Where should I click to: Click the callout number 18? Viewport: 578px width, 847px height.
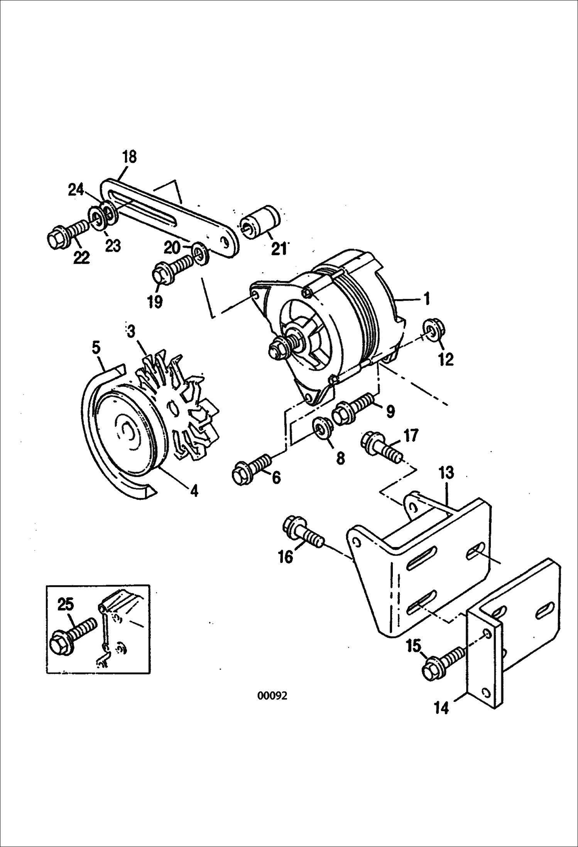[x=129, y=157]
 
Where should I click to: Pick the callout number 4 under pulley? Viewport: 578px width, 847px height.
[x=194, y=491]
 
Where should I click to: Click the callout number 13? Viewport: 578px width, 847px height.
[x=446, y=473]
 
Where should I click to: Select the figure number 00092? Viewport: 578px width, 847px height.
[x=272, y=696]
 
